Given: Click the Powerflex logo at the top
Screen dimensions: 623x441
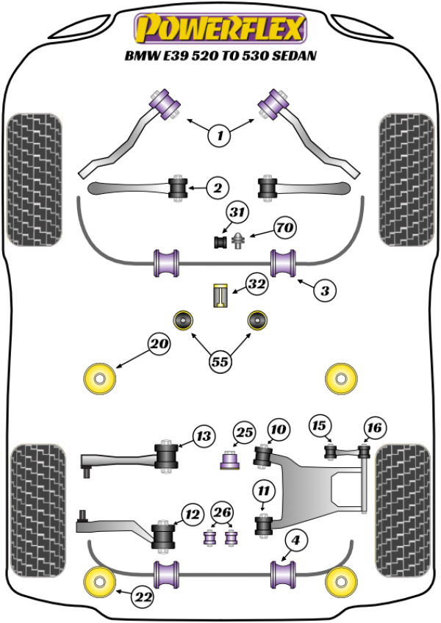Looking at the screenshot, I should pyautogui.click(x=218, y=29).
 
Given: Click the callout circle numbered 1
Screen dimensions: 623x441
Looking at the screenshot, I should pyautogui.click(x=219, y=134).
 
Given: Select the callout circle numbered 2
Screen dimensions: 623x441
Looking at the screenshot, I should pyautogui.click(x=217, y=190).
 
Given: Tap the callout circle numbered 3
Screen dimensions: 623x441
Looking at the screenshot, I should pyautogui.click(x=323, y=291).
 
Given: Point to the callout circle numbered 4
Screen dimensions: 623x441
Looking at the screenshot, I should pyautogui.click(x=295, y=542).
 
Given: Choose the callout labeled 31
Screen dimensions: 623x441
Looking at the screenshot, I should pyautogui.click(x=236, y=213).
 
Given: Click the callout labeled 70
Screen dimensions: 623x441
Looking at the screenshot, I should pyautogui.click(x=284, y=228).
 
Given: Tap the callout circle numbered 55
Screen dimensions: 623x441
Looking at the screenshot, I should pyautogui.click(x=220, y=361).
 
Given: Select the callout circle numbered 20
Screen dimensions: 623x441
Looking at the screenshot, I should pyautogui.click(x=159, y=343).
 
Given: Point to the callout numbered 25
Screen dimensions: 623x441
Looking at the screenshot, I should pyautogui.click(x=244, y=433).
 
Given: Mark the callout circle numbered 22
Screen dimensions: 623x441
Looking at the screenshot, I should pyautogui.click(x=144, y=598).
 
